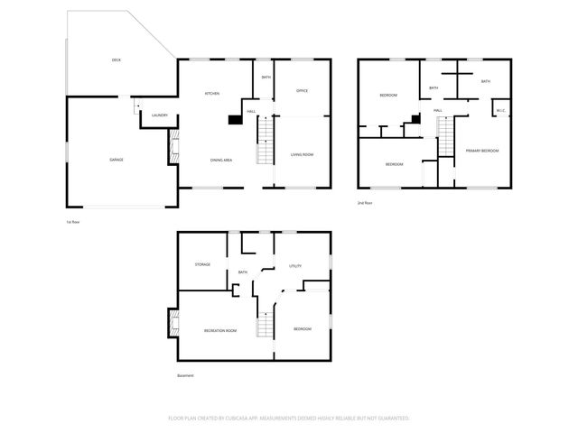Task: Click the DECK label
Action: point(116,60)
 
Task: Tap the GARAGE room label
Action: point(116,160)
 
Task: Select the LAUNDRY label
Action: point(160,115)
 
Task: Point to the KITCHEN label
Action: point(212,94)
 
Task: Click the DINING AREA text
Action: point(221,160)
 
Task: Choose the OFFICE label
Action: point(303,91)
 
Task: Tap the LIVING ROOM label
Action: point(302,155)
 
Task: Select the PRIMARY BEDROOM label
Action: point(482,151)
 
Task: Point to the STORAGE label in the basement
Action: point(202,264)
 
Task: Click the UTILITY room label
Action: point(294,266)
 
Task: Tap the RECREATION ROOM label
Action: point(220,330)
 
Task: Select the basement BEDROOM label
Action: point(302,329)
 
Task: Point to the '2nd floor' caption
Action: point(365,203)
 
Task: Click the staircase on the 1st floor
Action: point(264,142)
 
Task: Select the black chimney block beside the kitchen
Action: point(234,118)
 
